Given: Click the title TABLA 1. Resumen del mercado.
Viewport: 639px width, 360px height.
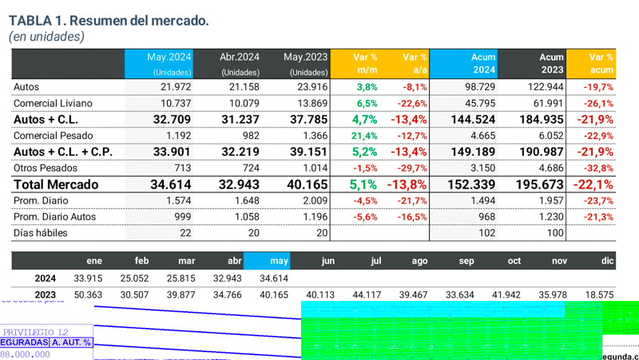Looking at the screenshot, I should pos(109,20).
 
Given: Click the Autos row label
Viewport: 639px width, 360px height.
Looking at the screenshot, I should pos(26,87).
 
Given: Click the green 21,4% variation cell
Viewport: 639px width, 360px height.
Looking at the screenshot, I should pos(365,136).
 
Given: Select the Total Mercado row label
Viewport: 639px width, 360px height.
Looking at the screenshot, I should pos(56,184).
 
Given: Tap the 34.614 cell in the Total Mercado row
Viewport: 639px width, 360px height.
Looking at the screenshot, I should pos(169,184).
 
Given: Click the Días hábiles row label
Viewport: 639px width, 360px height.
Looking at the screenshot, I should pos(41,233).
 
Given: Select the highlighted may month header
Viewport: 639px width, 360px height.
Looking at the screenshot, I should pos(279,261).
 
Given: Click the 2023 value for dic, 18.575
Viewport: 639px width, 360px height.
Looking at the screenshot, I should pos(598,295).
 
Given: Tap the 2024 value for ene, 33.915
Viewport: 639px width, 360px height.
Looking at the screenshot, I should pos(89,279).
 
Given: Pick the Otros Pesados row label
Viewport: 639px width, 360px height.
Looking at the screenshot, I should pos(46,168).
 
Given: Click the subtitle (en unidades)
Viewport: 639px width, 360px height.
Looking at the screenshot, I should pos(47,37).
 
